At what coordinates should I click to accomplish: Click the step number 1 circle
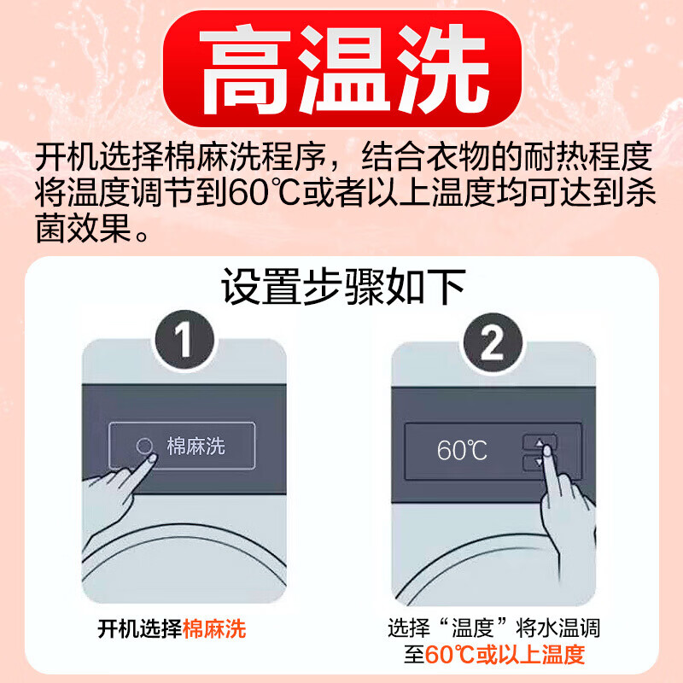pyautogui.click(x=183, y=343)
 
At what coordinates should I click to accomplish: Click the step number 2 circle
pyautogui.click(x=493, y=343)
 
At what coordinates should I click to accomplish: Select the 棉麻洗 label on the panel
pyautogui.click(x=196, y=447)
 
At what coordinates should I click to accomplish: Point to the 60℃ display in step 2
pyautogui.click(x=462, y=450)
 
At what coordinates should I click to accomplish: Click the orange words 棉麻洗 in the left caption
pyautogui.click(x=214, y=630)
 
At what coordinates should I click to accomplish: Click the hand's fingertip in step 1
pyautogui.click(x=152, y=458)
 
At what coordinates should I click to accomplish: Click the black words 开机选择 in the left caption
pyautogui.click(x=139, y=630)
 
